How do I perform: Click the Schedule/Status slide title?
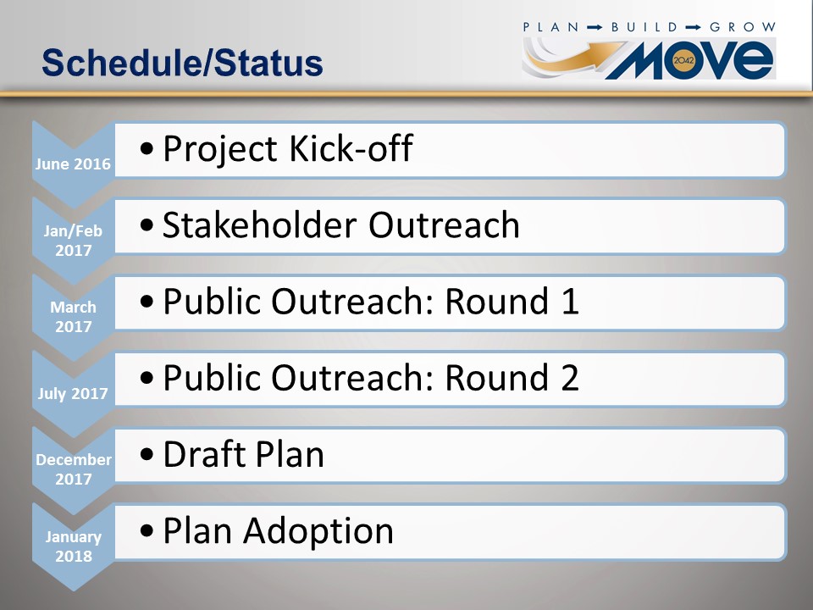click(x=183, y=63)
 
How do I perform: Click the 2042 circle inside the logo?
click(x=683, y=60)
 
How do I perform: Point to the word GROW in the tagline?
click(x=743, y=27)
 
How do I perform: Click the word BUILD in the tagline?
click(x=644, y=27)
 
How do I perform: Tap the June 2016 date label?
click(x=73, y=164)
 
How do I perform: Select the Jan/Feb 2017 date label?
click(x=73, y=240)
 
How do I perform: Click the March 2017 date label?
click(x=73, y=316)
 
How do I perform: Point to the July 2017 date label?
click(x=73, y=394)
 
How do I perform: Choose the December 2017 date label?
click(x=74, y=469)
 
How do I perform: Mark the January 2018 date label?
click(x=73, y=546)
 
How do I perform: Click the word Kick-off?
click(x=351, y=148)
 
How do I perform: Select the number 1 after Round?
click(x=569, y=301)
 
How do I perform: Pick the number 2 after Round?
click(x=569, y=377)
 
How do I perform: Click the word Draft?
click(x=204, y=454)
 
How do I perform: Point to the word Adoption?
click(x=318, y=532)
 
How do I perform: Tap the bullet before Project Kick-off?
click(x=147, y=149)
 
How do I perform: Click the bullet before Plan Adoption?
click(x=147, y=531)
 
